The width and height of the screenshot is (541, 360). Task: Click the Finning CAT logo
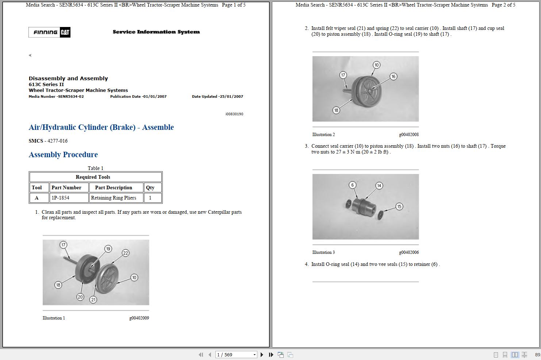pyautogui.click(x=49, y=32)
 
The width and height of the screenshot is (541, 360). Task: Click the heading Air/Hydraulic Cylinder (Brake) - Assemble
pyautogui.click(x=101, y=127)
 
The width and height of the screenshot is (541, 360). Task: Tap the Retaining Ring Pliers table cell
pyautogui.click(x=114, y=198)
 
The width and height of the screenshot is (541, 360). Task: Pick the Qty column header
pyautogui.click(x=150, y=187)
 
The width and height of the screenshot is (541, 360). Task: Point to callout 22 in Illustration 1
pyautogui.click(x=126, y=253)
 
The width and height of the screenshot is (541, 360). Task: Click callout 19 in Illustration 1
pyautogui.click(x=108, y=249)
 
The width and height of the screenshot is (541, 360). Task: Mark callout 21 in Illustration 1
pyautogui.click(x=93, y=299)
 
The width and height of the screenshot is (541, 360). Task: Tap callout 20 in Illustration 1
pyautogui.click(x=80, y=297)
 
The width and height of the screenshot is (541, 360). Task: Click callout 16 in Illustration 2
pyautogui.click(x=393, y=77)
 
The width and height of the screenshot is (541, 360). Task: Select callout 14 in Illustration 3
pyautogui.click(x=379, y=186)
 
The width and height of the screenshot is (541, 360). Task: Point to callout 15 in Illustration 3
pyautogui.click(x=399, y=206)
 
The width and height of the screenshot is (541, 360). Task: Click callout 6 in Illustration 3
pyautogui.click(x=352, y=185)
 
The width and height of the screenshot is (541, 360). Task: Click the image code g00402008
pyautogui.click(x=408, y=135)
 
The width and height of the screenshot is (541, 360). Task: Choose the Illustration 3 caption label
pyautogui.click(x=323, y=252)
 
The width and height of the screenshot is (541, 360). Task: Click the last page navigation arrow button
pyautogui.click(x=271, y=355)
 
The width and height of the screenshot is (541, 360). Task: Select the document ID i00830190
pyautogui.click(x=234, y=114)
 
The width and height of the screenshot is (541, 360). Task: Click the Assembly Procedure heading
pyautogui.click(x=63, y=155)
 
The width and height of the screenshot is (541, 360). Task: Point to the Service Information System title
pyautogui.click(x=156, y=32)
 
